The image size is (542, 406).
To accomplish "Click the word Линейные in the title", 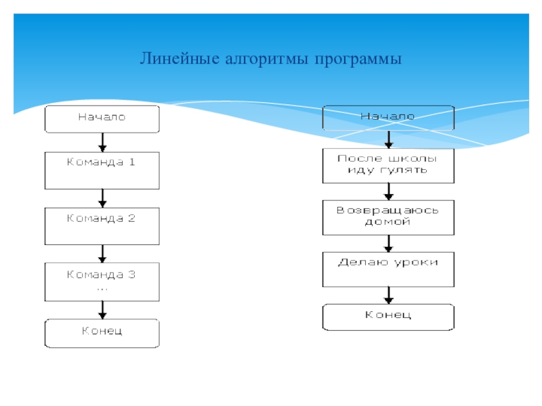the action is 180,58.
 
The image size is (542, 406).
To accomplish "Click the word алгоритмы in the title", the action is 266,59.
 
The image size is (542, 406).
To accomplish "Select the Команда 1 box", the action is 102,171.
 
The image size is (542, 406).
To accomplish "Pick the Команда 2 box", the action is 102,226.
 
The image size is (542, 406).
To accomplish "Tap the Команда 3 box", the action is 102,281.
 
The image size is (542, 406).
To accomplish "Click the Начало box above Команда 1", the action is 102,119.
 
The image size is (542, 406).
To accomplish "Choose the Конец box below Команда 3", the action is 102,333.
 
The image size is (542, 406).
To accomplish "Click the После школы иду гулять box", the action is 388,166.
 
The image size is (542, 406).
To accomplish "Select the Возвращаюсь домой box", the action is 388,217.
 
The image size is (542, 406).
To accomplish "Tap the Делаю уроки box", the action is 388,269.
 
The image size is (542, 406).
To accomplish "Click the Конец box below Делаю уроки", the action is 388,317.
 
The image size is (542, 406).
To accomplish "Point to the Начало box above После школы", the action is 388,118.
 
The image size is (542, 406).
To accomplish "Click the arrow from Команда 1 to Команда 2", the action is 102,198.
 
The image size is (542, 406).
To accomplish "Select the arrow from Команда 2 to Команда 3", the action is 102,254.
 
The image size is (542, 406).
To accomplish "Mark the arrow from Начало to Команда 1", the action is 102,142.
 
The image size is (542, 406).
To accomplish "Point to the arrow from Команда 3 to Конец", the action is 102,310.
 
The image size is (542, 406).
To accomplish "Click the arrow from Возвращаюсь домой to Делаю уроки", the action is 388,244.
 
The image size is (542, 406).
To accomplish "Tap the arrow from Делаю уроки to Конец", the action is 388,295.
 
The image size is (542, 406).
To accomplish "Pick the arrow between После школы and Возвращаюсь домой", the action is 388,191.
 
